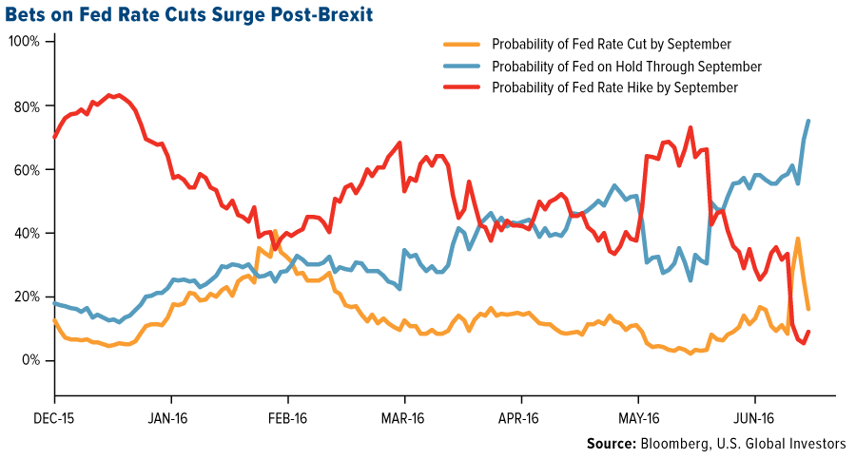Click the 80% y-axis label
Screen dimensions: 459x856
pos(26,106)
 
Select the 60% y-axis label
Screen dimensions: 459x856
pos(26,170)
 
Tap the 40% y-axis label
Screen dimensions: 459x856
pos(26,234)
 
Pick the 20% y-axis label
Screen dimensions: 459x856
pos(26,297)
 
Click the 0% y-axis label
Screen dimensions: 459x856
pos(29,361)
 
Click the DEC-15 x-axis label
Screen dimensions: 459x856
pos(54,416)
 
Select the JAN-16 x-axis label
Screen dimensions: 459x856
pos(171,416)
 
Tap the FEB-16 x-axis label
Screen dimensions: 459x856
pos(288,416)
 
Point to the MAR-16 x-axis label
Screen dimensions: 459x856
pos(405,416)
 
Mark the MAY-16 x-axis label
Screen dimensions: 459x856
pos(639,416)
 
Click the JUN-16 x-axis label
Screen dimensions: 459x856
pos(756,416)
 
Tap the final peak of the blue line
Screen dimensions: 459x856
pos(808,121)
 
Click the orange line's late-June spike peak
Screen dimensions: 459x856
pos(798,239)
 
